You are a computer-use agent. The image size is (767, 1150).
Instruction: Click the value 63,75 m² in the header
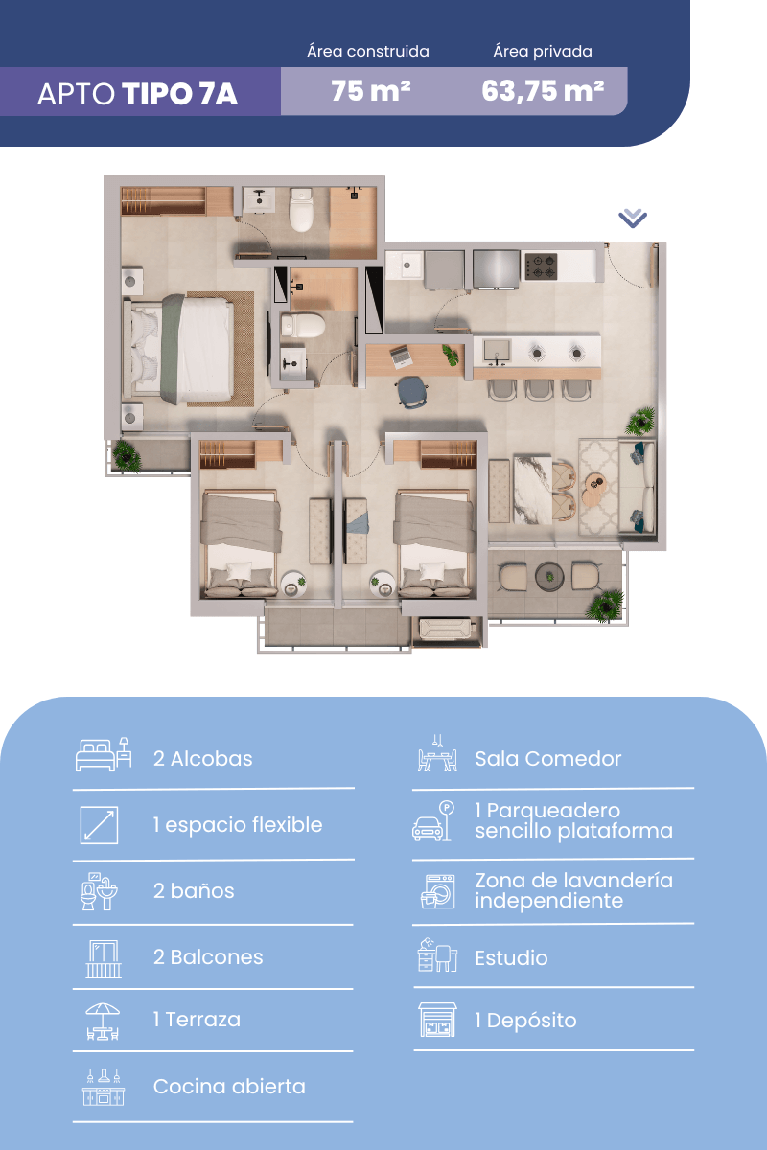[543, 91]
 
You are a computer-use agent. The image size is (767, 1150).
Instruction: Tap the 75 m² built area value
[370, 91]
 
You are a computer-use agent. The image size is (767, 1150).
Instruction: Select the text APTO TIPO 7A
[137, 94]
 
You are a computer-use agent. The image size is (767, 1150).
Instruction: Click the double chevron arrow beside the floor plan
[633, 218]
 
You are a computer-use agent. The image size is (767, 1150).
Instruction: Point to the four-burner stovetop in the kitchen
[541, 266]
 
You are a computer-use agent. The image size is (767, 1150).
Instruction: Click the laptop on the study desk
[401, 356]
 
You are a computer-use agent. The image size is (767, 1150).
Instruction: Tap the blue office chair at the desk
[412, 392]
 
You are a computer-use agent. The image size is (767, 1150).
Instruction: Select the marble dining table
[533, 490]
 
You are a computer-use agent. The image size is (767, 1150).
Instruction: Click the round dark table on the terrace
[549, 577]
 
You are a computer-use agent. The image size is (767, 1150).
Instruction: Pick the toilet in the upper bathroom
[302, 210]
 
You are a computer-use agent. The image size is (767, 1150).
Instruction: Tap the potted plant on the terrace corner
[606, 607]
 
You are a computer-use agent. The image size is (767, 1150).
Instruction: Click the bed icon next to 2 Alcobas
[104, 754]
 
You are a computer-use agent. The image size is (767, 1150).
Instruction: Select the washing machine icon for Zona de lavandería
[438, 892]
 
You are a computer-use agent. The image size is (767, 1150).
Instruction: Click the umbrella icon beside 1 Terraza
[103, 1022]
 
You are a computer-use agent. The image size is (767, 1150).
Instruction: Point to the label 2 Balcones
[208, 957]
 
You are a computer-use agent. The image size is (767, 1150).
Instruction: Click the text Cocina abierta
[229, 1087]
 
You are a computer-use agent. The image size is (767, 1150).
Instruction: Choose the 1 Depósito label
[525, 1021]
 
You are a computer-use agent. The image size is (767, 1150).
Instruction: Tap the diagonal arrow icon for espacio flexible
[99, 825]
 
